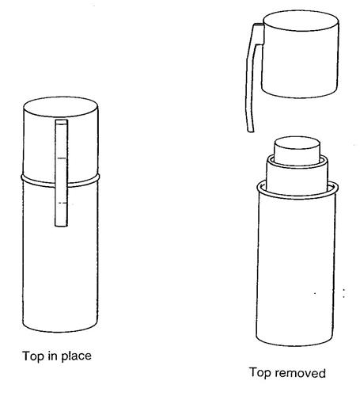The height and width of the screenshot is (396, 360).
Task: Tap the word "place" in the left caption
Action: [x=77, y=356]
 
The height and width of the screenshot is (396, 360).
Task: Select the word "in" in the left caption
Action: [x=52, y=356]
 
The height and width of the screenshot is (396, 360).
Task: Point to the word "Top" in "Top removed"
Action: [x=260, y=372]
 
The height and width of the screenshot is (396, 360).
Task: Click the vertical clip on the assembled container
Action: [x=62, y=173]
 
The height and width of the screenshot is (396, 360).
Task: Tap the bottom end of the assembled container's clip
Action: [x=61, y=226]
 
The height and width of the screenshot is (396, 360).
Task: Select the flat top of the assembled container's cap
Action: [x=61, y=107]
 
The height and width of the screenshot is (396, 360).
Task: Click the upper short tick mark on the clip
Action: [x=62, y=158]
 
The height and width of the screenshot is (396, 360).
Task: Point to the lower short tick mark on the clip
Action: [x=63, y=203]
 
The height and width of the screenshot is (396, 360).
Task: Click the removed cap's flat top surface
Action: [x=301, y=21]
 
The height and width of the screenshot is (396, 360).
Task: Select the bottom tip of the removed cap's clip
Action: [x=251, y=131]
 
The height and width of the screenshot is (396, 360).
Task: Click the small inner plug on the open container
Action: [x=297, y=151]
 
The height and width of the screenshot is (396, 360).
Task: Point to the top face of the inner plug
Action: [x=297, y=143]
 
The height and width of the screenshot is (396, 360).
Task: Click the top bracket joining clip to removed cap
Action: [x=259, y=34]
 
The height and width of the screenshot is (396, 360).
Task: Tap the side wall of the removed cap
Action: [x=300, y=63]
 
